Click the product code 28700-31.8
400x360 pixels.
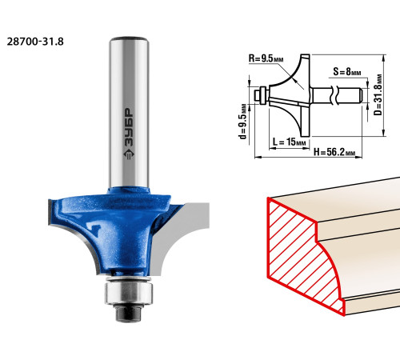pos(35,42)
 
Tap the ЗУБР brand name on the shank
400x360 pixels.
pos(129,127)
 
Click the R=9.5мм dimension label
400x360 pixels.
pos(266,58)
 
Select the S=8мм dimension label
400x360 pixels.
pos(347,71)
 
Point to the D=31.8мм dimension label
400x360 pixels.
pos(378,95)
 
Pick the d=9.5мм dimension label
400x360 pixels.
pos(242,122)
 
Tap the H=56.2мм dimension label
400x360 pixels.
pos(334,152)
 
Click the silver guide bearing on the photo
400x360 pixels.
pos(129,293)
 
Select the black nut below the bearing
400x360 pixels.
pos(128,313)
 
